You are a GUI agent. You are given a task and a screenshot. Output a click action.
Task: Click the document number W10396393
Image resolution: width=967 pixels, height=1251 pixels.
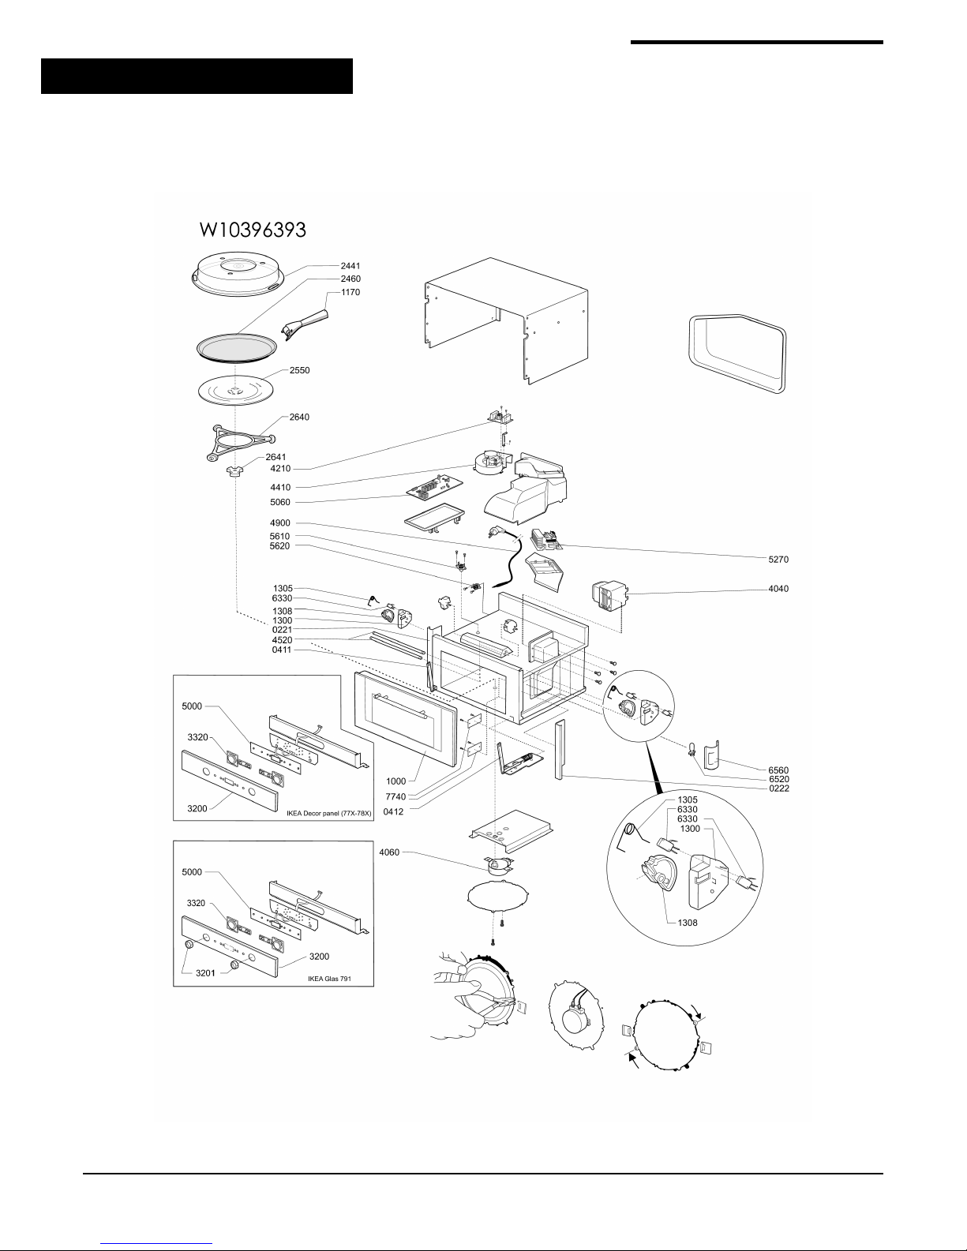click(x=253, y=230)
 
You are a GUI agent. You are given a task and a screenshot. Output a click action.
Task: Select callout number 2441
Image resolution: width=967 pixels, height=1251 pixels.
click(x=350, y=266)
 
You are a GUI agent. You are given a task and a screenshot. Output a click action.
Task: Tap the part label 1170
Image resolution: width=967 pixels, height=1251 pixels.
click(x=350, y=292)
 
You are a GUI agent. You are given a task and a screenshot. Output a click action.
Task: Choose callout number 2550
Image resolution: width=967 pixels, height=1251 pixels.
click(x=299, y=370)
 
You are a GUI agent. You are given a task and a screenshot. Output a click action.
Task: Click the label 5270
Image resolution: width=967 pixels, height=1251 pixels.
click(x=778, y=559)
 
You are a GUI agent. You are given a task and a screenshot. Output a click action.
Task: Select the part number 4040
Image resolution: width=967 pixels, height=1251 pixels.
click(x=778, y=588)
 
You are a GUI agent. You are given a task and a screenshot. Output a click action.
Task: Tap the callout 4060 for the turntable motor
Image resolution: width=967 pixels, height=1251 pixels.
click(x=389, y=852)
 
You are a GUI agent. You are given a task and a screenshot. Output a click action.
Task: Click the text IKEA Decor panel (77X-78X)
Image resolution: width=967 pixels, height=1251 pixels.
click(x=328, y=814)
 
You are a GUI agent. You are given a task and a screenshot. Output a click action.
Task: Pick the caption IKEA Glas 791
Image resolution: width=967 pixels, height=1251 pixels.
click(x=329, y=978)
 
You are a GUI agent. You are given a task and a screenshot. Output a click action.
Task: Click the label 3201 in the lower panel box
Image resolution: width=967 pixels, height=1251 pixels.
click(x=205, y=973)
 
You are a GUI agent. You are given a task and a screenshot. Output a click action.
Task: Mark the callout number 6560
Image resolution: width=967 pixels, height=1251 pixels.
click(x=778, y=770)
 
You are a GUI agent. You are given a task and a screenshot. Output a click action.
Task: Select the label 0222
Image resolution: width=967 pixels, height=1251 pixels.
click(x=779, y=788)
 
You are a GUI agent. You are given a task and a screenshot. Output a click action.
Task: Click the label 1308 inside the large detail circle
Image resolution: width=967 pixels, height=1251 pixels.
click(x=688, y=923)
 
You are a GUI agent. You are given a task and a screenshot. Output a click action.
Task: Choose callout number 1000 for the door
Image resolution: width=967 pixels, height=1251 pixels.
click(x=396, y=781)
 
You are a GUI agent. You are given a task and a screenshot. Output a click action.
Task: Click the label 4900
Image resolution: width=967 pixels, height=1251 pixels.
click(x=280, y=522)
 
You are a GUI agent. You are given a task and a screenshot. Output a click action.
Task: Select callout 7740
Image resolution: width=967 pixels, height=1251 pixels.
click(x=396, y=796)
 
